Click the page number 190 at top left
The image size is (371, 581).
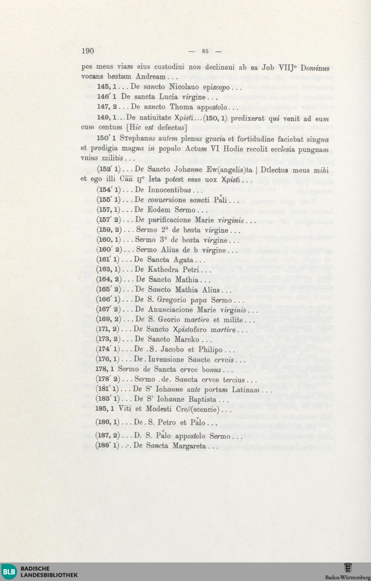click(x=88, y=51)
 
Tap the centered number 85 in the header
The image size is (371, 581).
click(x=205, y=51)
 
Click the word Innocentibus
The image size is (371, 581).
click(x=170, y=190)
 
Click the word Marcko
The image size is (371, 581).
click(x=187, y=339)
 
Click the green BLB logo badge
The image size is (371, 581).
click(x=9, y=572)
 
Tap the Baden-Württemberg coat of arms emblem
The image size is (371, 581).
click(x=348, y=568)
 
